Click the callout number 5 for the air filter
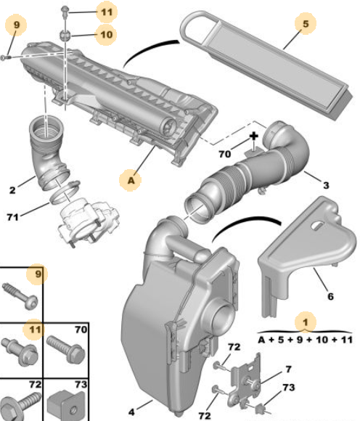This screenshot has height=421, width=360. click(306, 24)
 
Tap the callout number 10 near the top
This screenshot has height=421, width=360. click(106, 34)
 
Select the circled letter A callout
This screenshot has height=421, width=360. click(131, 180)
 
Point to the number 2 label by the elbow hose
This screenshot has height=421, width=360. click(12, 190)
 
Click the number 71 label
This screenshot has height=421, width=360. click(13, 217)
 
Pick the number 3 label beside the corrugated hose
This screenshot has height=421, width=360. click(326, 185)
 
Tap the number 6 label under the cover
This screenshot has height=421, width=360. click(330, 296)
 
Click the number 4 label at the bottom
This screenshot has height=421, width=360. click(131, 412)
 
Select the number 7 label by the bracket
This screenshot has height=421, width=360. click(288, 369)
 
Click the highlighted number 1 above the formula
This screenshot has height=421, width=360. click(306, 322)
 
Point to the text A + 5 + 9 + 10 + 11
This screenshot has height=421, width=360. click(305, 340)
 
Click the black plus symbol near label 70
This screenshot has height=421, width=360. click(253, 136)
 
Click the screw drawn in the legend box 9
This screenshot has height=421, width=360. click(20, 296)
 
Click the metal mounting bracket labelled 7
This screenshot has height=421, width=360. click(245, 381)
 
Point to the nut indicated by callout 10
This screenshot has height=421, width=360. click(65, 35)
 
